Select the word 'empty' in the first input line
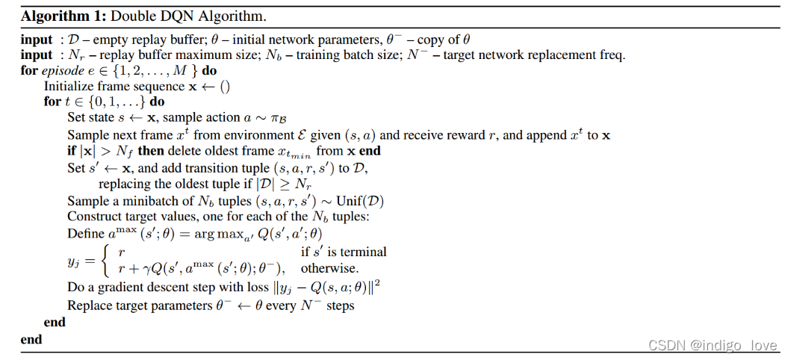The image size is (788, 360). point(105,40)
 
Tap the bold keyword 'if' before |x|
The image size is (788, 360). point(72,151)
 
